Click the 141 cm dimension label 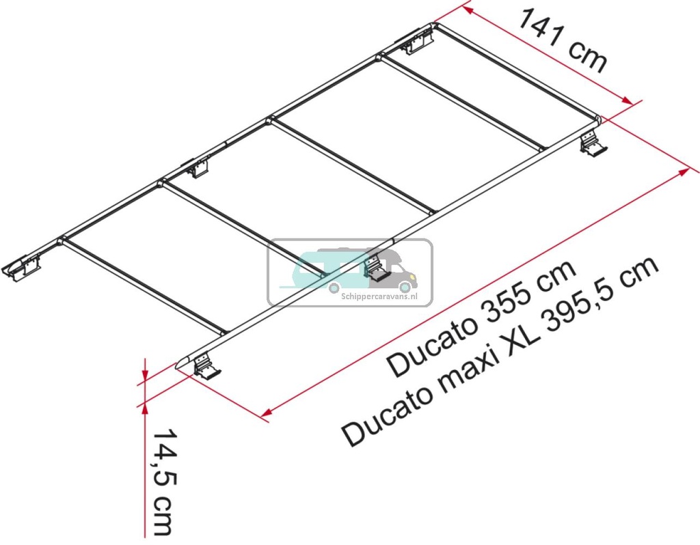click(x=562, y=41)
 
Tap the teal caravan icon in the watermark click(x=314, y=268)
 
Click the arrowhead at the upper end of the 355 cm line click(x=684, y=171)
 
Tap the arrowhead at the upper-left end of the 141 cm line click(x=467, y=10)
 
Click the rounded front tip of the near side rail click(x=182, y=364)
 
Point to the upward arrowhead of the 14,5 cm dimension click(x=144, y=407)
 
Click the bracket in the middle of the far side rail click(x=198, y=167)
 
